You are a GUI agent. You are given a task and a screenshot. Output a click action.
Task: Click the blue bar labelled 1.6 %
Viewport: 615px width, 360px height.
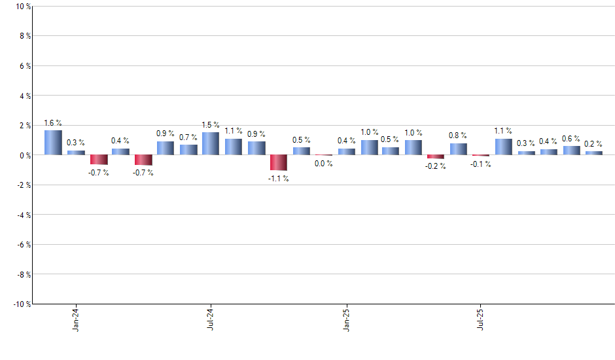(x=53, y=143)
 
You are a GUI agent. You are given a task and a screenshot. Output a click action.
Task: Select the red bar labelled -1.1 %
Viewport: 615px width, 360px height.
(x=279, y=162)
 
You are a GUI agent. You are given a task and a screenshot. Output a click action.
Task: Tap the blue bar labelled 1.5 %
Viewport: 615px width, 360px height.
(x=211, y=143)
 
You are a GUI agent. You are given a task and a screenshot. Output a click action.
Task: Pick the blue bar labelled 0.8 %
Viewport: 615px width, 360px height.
(x=459, y=149)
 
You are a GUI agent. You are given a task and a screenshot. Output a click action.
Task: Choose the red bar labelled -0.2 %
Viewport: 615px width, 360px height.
(x=436, y=156)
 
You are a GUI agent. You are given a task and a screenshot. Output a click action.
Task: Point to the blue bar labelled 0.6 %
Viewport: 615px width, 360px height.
(x=572, y=150)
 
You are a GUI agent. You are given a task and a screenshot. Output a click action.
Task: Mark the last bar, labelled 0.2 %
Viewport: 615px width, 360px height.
(x=594, y=153)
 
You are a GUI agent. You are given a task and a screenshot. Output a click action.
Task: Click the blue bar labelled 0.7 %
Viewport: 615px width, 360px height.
(x=188, y=149)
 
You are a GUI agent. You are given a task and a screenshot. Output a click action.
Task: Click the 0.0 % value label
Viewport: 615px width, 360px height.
(x=324, y=164)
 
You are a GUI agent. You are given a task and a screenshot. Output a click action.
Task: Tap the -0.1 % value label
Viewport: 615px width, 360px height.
(x=481, y=164)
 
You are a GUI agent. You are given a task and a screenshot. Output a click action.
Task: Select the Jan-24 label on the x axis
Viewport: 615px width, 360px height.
(x=76, y=319)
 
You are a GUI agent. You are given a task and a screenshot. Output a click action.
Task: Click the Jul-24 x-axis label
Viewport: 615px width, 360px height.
(x=211, y=319)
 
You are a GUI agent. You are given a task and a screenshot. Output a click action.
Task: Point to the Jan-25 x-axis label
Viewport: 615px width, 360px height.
(x=346, y=319)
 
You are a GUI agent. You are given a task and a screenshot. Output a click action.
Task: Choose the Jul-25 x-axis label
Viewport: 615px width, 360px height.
(x=481, y=319)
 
